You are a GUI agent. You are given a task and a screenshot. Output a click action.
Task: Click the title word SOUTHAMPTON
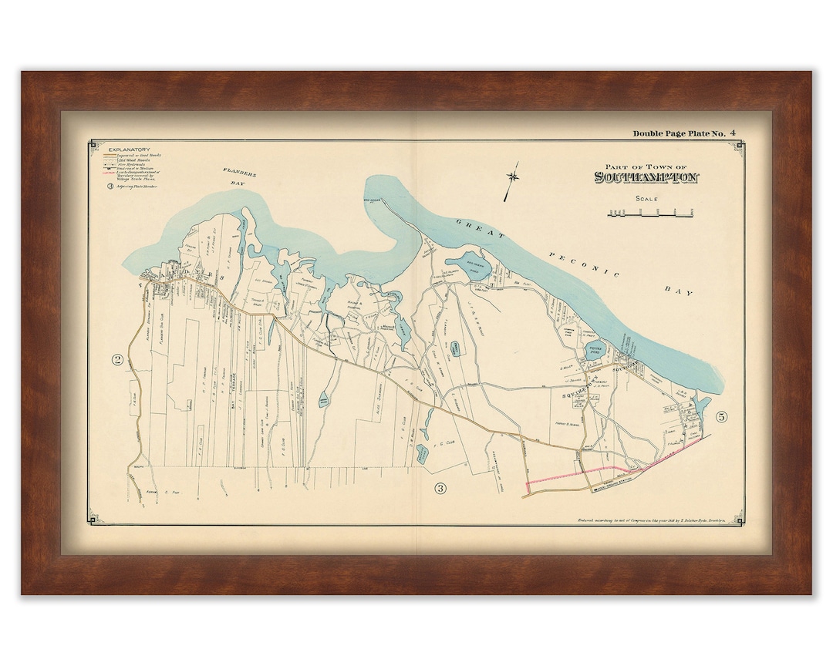[x=646, y=178]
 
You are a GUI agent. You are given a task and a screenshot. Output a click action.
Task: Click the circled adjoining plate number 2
[x=118, y=359]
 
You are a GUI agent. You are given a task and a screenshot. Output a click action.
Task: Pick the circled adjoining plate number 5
[x=721, y=417]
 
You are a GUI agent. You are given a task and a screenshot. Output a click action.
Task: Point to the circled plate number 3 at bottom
[x=440, y=487]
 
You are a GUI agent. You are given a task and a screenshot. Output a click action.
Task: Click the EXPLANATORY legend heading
[x=129, y=149]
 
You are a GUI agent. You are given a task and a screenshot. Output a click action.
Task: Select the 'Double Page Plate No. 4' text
[x=683, y=133]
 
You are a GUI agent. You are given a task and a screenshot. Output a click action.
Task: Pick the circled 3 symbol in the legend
[x=111, y=187]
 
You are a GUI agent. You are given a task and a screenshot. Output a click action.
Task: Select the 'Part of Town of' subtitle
[x=646, y=166]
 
